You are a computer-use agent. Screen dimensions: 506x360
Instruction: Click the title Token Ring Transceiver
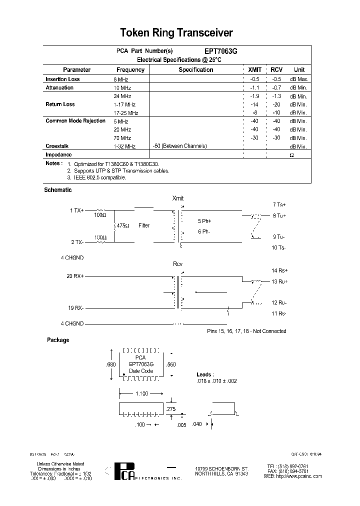pos(176,33)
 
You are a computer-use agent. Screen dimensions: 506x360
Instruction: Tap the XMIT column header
pos(254,70)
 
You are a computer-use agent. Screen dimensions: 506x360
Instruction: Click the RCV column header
pos(276,70)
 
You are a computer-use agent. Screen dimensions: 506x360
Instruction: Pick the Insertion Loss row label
pos(62,79)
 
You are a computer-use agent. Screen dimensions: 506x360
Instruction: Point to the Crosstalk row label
pos(56,146)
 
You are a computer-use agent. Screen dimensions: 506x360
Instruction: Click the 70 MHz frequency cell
pos(122,138)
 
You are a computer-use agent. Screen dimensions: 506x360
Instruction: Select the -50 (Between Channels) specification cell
pos(179,146)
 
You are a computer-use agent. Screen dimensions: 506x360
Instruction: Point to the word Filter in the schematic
pos(144,226)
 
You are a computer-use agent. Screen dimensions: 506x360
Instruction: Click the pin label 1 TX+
pos(76,210)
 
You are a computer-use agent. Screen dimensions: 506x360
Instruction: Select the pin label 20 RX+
pos(75,276)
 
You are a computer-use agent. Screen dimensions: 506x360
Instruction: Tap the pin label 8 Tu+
pos(279,216)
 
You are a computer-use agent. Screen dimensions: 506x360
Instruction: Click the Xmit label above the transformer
pos(178,198)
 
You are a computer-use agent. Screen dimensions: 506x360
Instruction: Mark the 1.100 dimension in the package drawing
pos(142,394)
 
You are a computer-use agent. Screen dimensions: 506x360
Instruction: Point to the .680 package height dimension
pos(110,365)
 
